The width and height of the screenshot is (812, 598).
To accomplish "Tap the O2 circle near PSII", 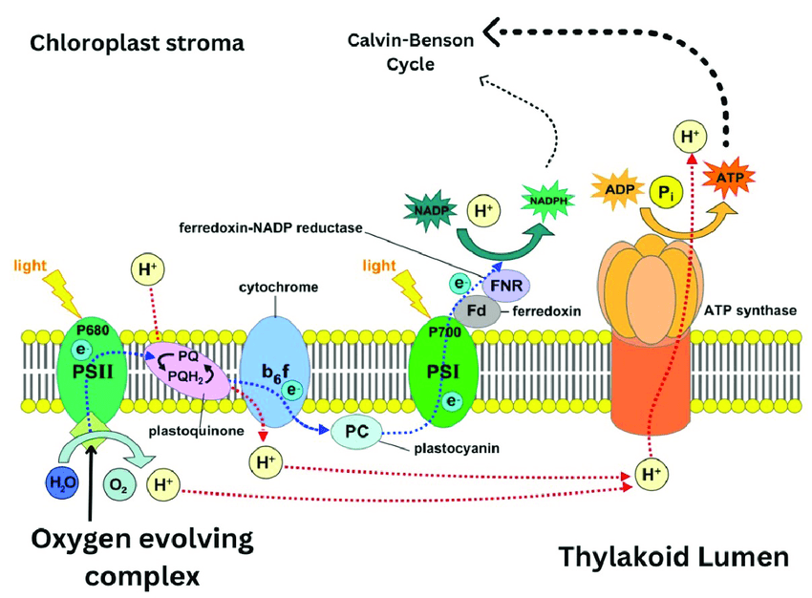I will coord(118,485).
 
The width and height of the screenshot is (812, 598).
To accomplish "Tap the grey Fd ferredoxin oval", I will coord(476,310).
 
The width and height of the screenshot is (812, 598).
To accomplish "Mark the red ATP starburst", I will coord(730,178).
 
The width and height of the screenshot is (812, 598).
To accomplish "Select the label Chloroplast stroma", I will coord(136,43).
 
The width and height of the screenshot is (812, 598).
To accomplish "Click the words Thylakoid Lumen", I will coord(674,557).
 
